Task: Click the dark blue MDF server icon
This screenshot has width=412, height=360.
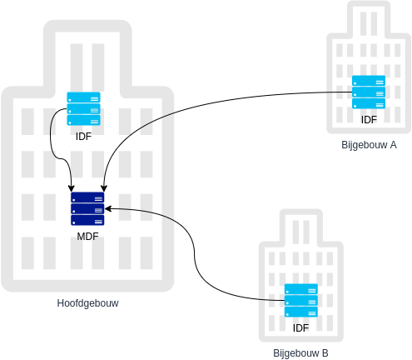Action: tap(87, 208)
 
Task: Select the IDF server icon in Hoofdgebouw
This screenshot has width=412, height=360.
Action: tap(83, 108)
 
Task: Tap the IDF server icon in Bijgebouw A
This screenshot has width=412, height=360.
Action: tap(369, 92)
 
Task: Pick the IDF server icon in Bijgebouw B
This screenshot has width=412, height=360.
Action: tap(301, 300)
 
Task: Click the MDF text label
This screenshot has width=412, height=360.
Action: tap(87, 237)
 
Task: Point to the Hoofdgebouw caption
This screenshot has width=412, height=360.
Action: tap(87, 303)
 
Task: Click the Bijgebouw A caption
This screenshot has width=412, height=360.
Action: tap(369, 145)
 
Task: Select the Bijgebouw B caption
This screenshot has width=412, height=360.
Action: tap(300, 353)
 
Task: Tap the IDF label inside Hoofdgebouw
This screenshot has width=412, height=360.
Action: tap(83, 137)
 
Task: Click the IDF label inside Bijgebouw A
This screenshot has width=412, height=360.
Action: tap(369, 120)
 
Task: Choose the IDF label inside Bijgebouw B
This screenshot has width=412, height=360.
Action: tap(300, 328)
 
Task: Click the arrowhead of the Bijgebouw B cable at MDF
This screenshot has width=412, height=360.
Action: tap(108, 208)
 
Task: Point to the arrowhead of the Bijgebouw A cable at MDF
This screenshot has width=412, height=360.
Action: tap(104, 188)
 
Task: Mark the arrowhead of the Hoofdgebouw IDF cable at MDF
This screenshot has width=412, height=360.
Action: tap(72, 188)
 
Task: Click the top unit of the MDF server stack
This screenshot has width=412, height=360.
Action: tap(87, 197)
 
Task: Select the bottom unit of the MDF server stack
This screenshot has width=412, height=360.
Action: tap(87, 220)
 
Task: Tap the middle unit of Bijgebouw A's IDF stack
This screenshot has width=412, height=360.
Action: tap(369, 92)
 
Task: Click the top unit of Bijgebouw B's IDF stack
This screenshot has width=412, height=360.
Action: tap(301, 289)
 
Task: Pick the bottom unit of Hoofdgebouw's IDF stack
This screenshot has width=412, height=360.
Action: tap(83, 120)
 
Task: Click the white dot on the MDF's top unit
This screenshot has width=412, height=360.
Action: tap(74, 200)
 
